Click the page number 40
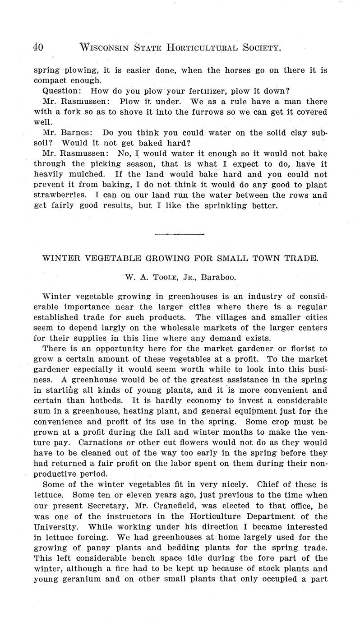[38, 47]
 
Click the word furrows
[192, 112]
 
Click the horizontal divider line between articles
[180, 234]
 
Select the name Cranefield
[214, 506]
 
